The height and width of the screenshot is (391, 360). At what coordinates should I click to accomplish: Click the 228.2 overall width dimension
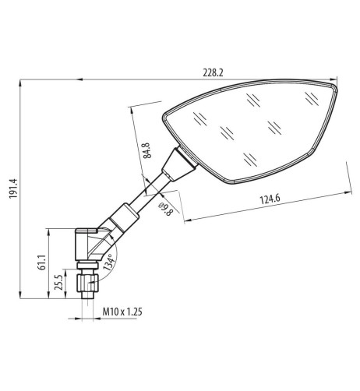click(x=213, y=73)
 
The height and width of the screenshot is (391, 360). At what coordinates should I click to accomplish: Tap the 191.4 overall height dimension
click(x=13, y=188)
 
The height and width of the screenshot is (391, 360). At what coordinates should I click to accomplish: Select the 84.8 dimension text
click(x=147, y=150)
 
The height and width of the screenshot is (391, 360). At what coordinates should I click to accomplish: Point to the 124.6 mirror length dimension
click(x=270, y=199)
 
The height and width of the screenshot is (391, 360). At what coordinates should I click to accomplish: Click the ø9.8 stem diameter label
click(x=166, y=209)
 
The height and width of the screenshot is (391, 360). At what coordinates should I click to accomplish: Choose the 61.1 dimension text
click(x=42, y=262)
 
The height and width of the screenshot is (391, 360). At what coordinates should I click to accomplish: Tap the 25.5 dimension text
click(x=58, y=283)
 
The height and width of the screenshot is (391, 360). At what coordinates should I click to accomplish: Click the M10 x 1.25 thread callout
click(x=122, y=312)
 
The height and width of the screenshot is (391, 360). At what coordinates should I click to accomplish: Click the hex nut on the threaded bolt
click(x=87, y=283)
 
